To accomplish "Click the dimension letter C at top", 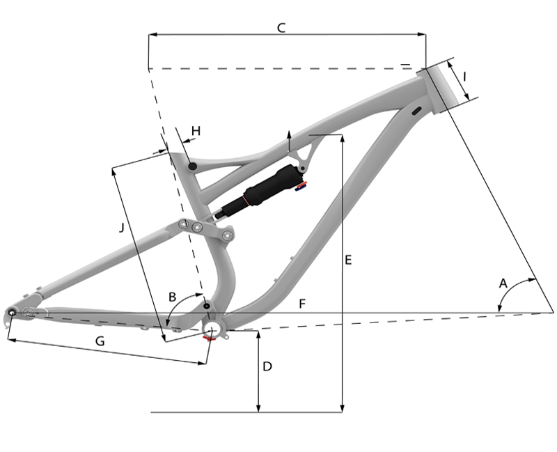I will pyautogui.click(x=281, y=28).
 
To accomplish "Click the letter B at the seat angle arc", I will pyautogui.click(x=173, y=297).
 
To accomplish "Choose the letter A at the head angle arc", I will pyautogui.click(x=503, y=283).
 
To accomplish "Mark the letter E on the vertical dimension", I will pyautogui.click(x=348, y=260).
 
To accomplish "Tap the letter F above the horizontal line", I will pyautogui.click(x=301, y=304).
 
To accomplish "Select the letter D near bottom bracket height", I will pyautogui.click(x=267, y=366).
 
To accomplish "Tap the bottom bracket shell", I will pyautogui.click(x=212, y=327).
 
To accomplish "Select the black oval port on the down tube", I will pyautogui.click(x=417, y=111).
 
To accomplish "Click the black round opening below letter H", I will pyautogui.click(x=193, y=166).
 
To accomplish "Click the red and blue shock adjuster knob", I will pyautogui.click(x=301, y=185).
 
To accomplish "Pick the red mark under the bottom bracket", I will pyautogui.click(x=207, y=338).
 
